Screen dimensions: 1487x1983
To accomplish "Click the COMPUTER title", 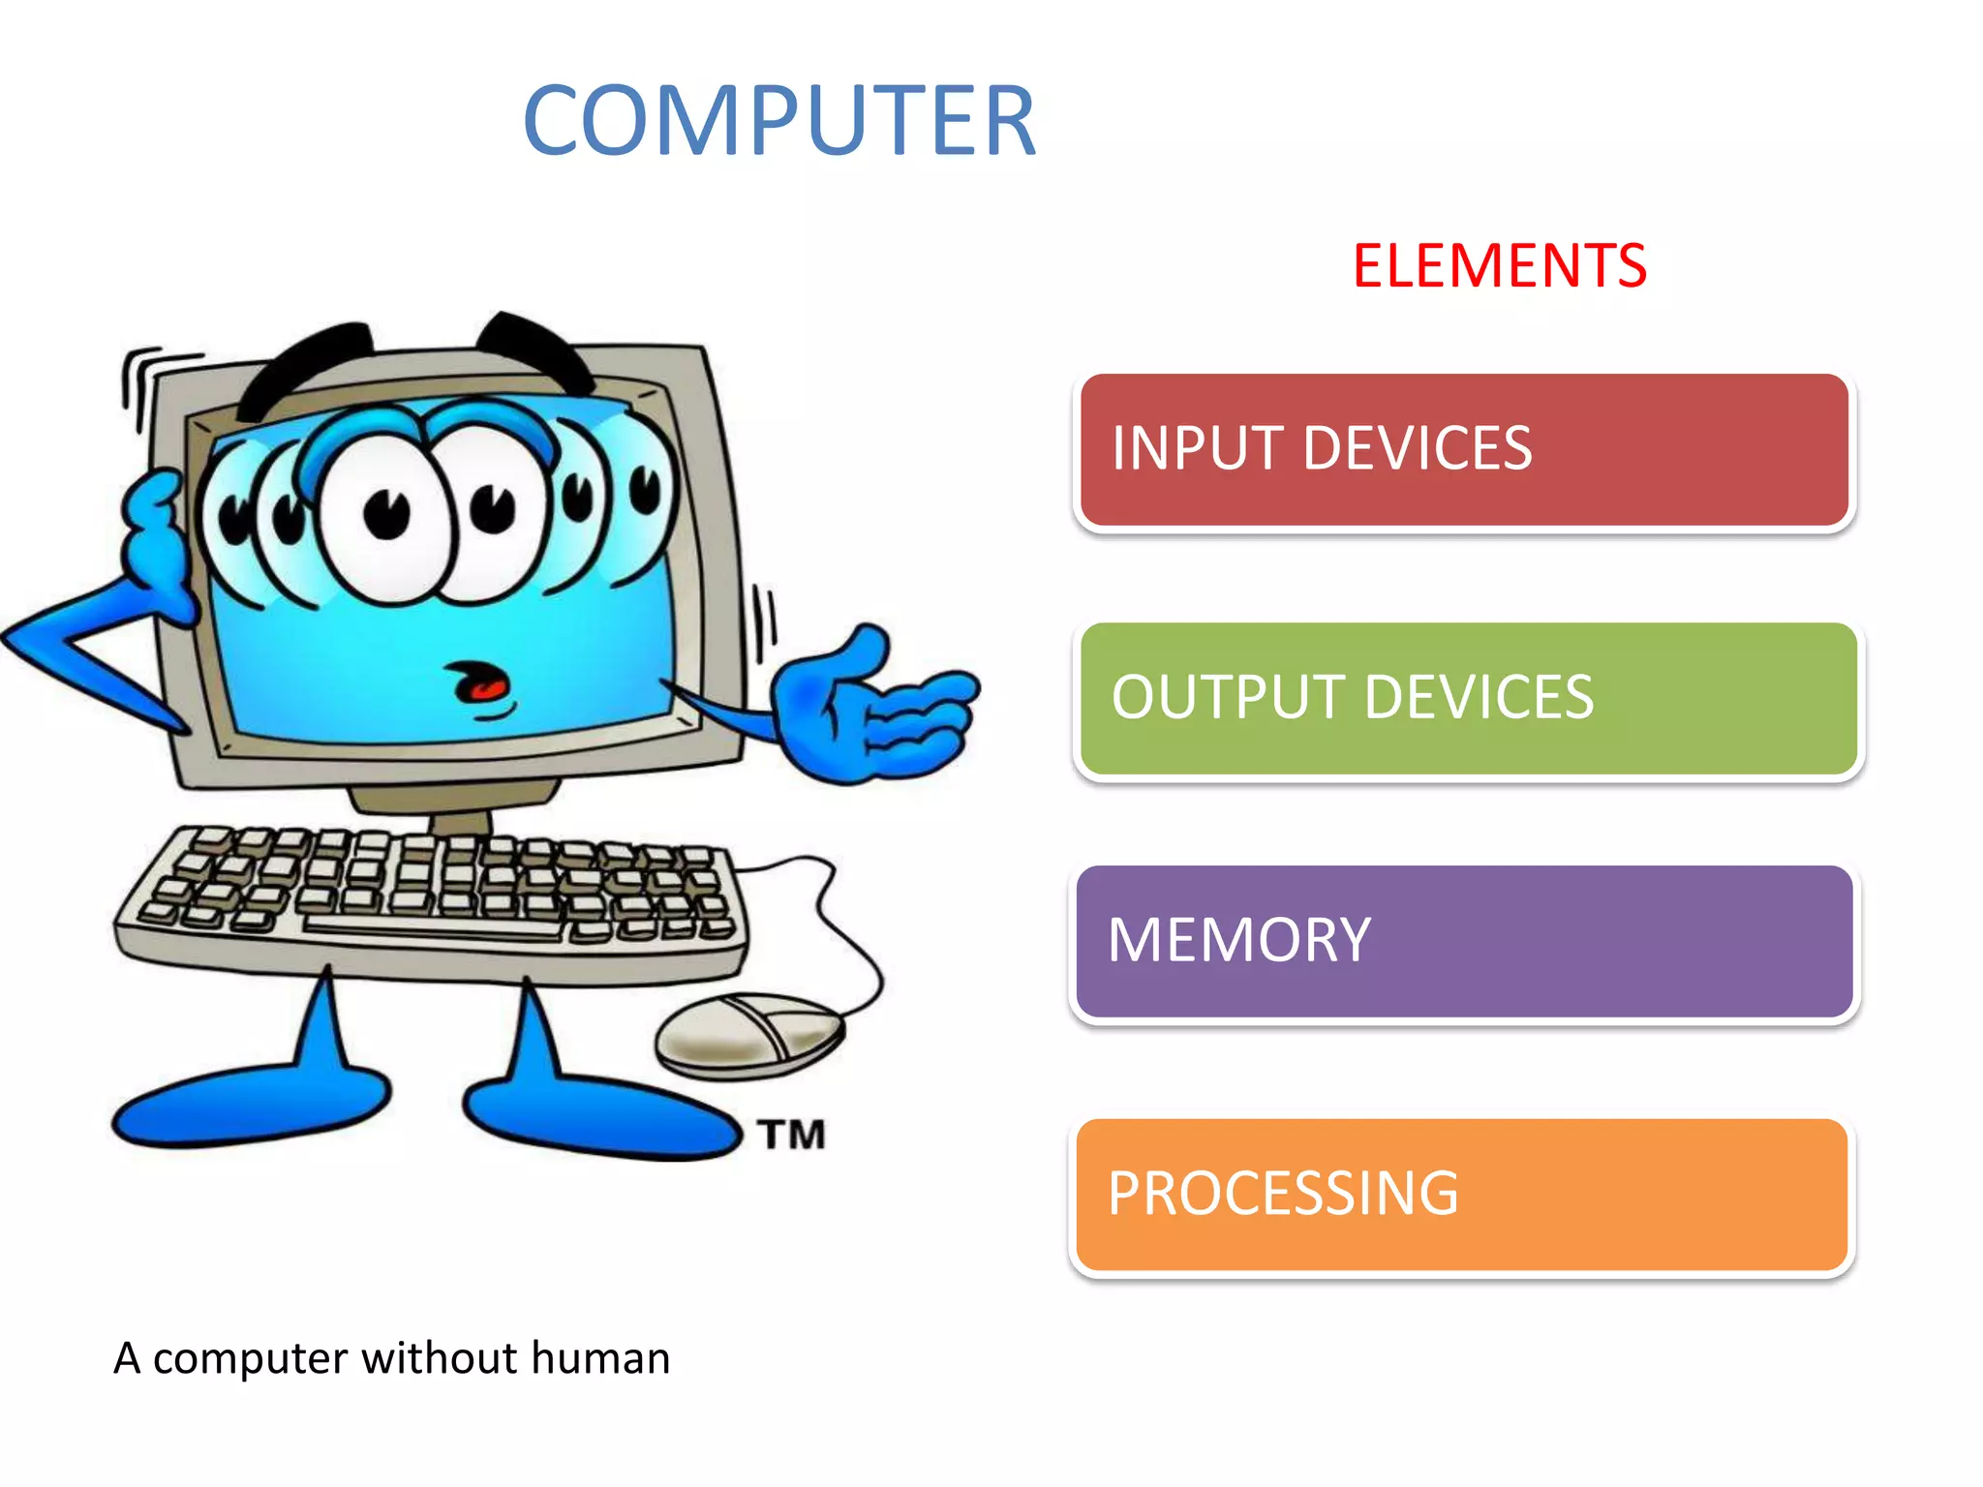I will [779, 120].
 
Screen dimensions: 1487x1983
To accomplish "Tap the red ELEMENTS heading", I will [1499, 266].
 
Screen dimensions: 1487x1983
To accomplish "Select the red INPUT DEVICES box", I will [1464, 450].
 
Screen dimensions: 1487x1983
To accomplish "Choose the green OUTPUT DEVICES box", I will [1468, 698].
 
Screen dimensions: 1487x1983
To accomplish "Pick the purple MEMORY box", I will [1464, 941].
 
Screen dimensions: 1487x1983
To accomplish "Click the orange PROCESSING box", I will [1462, 1195].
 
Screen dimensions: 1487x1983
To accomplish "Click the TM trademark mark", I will [792, 1135].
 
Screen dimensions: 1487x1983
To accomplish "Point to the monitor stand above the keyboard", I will [455, 808].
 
